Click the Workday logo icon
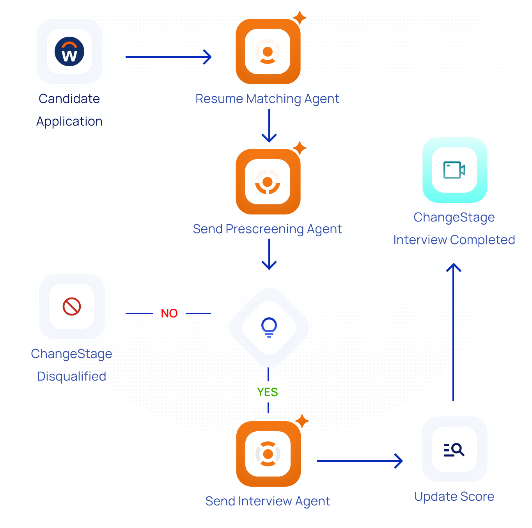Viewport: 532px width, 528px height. point(69,51)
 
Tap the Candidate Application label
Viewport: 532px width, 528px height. point(69,110)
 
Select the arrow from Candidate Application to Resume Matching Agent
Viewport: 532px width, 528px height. point(168,57)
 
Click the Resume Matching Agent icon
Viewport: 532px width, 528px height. point(268,51)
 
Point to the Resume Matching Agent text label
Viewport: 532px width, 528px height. point(267,99)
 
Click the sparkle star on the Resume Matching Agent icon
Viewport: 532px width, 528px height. point(300,18)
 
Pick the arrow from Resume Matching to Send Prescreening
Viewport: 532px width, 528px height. point(269,126)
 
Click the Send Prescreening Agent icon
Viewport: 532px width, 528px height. point(268,182)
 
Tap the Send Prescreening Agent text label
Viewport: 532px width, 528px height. point(267,229)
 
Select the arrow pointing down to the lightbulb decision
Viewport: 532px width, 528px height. point(269,254)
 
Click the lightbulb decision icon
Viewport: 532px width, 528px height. point(269,327)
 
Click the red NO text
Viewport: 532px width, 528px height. point(169,314)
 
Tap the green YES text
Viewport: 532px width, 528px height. point(268,392)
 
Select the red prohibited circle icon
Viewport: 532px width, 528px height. point(72,307)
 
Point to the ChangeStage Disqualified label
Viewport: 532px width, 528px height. point(72,365)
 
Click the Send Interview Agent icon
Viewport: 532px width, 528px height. point(268,454)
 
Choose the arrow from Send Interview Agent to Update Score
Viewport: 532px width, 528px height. point(359,461)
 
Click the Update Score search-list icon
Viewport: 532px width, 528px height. point(454,450)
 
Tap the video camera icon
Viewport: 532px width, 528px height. point(454,170)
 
